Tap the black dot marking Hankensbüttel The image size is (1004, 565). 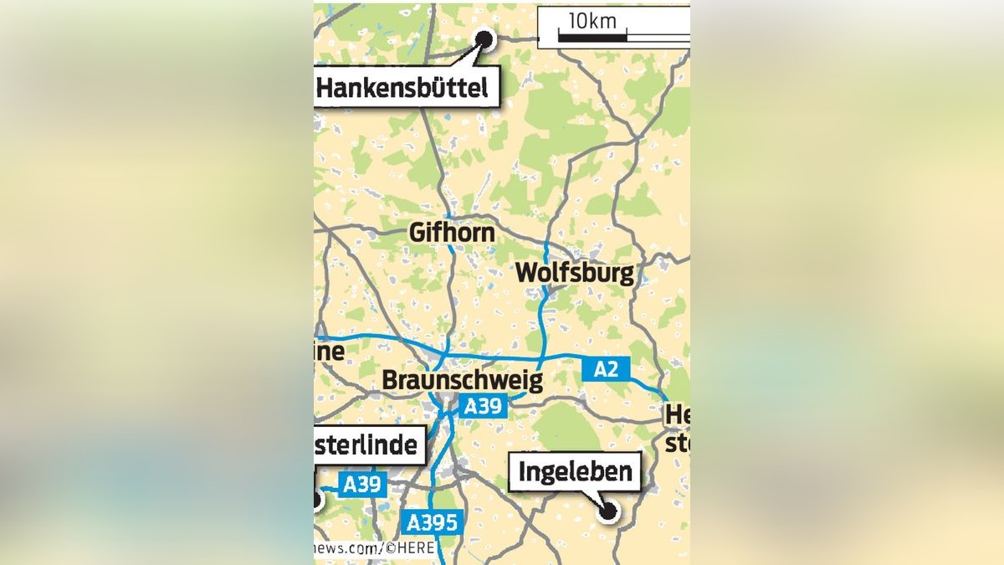tap(484, 38)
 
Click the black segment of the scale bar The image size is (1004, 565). tap(592, 37)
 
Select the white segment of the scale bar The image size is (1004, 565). tap(658, 37)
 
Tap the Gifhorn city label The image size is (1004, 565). tap(452, 232)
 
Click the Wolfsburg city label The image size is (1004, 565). tap(574, 273)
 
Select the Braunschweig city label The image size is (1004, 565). tap(462, 380)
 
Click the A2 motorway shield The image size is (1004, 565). tap(606, 368)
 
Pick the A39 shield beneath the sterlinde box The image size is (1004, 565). tap(362, 485)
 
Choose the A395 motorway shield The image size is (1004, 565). tap(432, 523)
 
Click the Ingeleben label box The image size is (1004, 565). tap(575, 472)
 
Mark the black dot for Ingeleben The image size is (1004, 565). tap(609, 510)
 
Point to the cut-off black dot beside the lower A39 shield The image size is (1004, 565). tap(316, 501)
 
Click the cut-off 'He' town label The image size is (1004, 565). tap(677, 414)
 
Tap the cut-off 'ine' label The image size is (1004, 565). tap(330, 352)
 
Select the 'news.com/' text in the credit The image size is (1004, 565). tap(347, 549)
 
